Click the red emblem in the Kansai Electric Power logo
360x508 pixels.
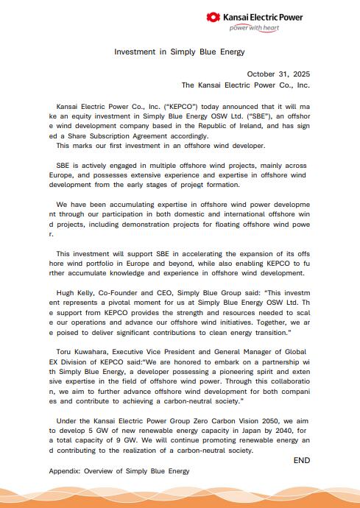tap(213, 17)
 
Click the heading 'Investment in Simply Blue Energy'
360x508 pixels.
tap(179, 52)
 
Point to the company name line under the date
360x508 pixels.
tap(245, 85)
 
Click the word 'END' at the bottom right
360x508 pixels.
tap(302, 460)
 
